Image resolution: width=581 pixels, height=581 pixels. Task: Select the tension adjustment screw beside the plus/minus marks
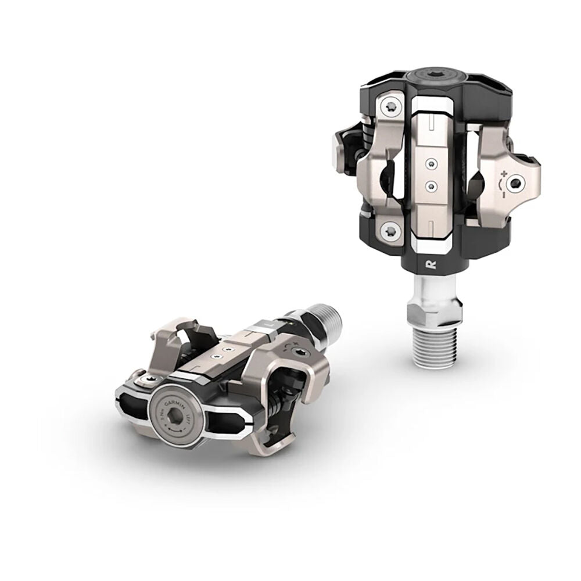517,184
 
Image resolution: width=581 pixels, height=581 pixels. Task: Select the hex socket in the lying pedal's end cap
168,415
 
